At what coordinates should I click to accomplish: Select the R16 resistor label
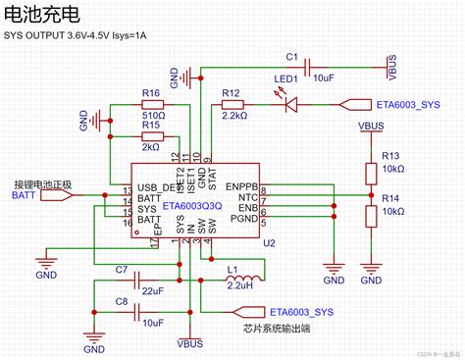[150, 93]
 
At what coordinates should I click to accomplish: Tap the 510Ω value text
[150, 111]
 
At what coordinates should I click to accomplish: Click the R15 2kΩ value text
[150, 145]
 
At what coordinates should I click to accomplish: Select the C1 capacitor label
[291, 58]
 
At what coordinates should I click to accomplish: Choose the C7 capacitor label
[122, 269]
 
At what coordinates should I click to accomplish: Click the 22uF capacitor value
[152, 291]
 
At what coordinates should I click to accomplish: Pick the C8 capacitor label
[122, 301]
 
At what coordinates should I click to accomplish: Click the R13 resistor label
[391, 155]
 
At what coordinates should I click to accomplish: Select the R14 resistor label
[391, 197]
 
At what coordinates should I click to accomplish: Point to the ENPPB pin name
[241, 184]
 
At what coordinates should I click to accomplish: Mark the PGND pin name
[243, 220]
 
